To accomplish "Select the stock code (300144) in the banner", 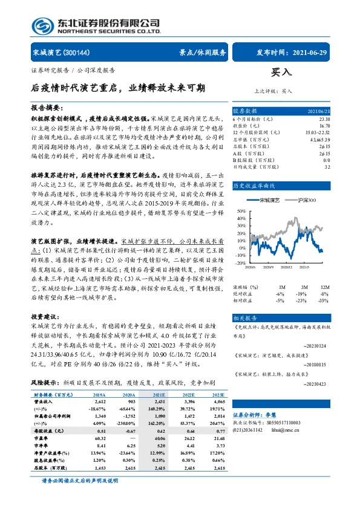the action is point(76,53).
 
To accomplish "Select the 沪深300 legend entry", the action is point(306,199).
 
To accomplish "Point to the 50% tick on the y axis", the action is point(240,211).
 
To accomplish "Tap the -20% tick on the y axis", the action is point(240,263).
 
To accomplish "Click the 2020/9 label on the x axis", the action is point(268,267).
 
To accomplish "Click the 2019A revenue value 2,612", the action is point(100,400).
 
